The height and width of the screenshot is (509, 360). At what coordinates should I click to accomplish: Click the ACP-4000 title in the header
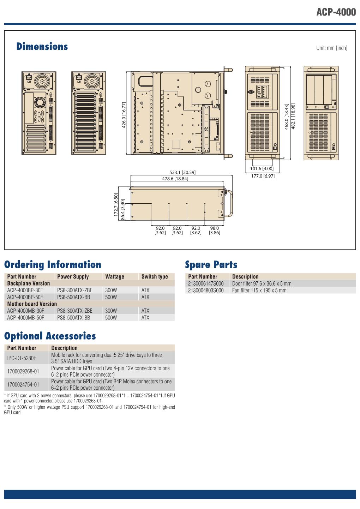tap(336, 12)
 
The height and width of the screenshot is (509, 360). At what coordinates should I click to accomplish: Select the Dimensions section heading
tap(42, 46)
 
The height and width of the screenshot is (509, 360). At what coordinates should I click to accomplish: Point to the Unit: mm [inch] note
tap(332, 48)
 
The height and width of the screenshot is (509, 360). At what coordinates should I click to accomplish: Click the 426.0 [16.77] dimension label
tap(124, 115)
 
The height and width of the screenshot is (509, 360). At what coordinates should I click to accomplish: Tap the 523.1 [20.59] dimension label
tap(182, 173)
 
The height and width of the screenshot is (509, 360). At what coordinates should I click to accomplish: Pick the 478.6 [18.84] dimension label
tap(175, 179)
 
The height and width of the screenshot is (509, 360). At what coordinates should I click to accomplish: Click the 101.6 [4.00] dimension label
tap(262, 169)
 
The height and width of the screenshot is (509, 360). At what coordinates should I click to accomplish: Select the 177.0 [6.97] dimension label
tap(263, 176)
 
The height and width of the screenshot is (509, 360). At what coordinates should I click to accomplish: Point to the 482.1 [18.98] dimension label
tap(293, 116)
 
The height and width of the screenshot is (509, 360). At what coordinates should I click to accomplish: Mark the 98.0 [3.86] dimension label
tap(214, 230)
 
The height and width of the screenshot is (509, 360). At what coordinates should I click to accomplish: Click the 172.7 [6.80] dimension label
tap(116, 205)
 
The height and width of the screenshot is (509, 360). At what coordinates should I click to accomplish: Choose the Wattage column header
tap(115, 276)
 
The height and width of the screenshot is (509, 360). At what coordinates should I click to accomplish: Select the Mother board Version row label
tap(32, 304)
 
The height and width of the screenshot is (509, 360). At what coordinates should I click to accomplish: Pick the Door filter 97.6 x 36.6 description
tap(262, 283)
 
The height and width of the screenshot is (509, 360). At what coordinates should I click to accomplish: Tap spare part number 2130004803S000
tap(206, 291)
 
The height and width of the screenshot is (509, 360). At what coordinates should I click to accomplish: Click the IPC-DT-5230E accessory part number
tap(22, 358)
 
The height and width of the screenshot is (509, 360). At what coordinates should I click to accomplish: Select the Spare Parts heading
tap(211, 265)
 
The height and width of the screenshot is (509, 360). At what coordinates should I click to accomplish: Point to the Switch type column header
tap(155, 276)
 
